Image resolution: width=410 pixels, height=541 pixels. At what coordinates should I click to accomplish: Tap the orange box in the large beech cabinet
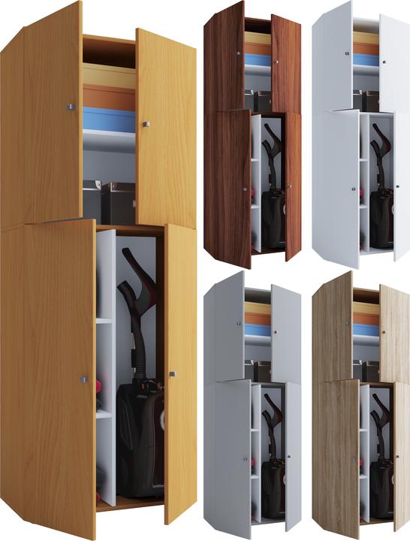click(x=108, y=96)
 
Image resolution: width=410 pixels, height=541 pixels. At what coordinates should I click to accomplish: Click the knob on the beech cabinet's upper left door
click(x=71, y=106)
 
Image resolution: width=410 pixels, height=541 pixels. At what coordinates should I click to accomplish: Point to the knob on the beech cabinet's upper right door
click(x=145, y=122)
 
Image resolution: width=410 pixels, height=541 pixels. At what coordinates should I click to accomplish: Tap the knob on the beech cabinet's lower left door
click(x=83, y=380)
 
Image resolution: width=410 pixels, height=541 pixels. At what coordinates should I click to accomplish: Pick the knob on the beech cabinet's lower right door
click(x=172, y=373)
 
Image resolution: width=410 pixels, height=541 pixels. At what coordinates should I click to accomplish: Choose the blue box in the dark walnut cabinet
click(x=258, y=59)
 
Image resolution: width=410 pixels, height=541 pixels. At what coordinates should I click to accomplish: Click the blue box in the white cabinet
click(x=366, y=59)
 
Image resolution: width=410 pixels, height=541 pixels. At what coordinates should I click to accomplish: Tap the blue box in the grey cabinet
click(x=258, y=329)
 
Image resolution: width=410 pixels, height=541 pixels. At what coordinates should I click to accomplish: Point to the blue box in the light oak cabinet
click(x=366, y=329)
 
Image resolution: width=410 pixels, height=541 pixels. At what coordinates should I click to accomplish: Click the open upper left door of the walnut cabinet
click(x=224, y=56)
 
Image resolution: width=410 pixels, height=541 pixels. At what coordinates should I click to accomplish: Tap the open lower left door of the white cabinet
click(x=335, y=188)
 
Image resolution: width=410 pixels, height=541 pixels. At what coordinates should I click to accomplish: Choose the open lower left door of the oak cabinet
click(x=336, y=458)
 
